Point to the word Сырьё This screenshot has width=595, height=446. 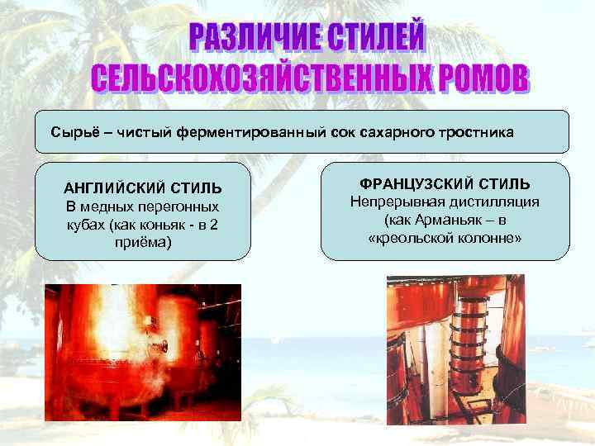click(74, 132)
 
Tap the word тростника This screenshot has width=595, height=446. click(471, 132)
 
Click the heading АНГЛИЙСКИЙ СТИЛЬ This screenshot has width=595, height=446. click(143, 188)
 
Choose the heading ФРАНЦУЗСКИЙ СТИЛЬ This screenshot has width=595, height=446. click(445, 183)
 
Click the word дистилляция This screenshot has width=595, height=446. click(500, 202)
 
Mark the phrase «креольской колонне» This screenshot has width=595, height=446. click(445, 239)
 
